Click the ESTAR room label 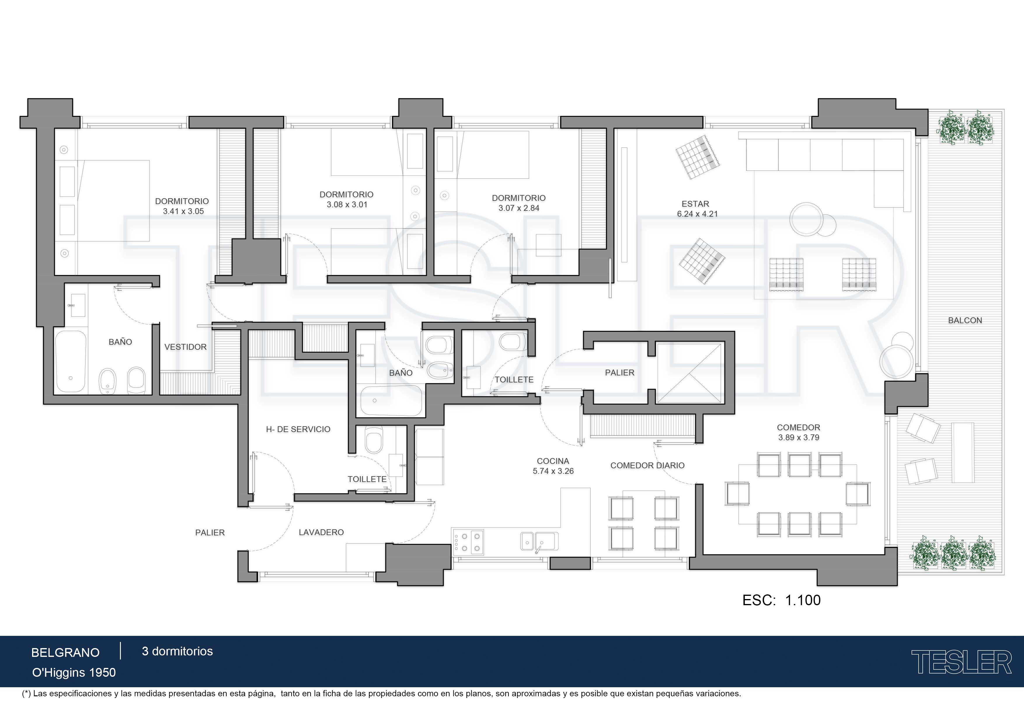pyautogui.click(x=695, y=204)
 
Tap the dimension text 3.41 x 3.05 pyautogui.click(x=183, y=211)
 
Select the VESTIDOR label pyautogui.click(x=186, y=347)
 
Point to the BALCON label pyautogui.click(x=965, y=320)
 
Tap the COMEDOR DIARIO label pyautogui.click(x=647, y=466)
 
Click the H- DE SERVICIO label pyautogui.click(x=298, y=429)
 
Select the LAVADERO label pyautogui.click(x=321, y=532)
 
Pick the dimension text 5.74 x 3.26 pyautogui.click(x=553, y=471)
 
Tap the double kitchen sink pyautogui.click(x=539, y=541)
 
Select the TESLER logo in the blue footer pyautogui.click(x=961, y=662)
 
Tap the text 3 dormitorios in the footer pyautogui.click(x=177, y=651)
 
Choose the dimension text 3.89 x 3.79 pyautogui.click(x=799, y=438)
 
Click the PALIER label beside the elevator pyautogui.click(x=619, y=373)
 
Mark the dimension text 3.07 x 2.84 pyautogui.click(x=519, y=208)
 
